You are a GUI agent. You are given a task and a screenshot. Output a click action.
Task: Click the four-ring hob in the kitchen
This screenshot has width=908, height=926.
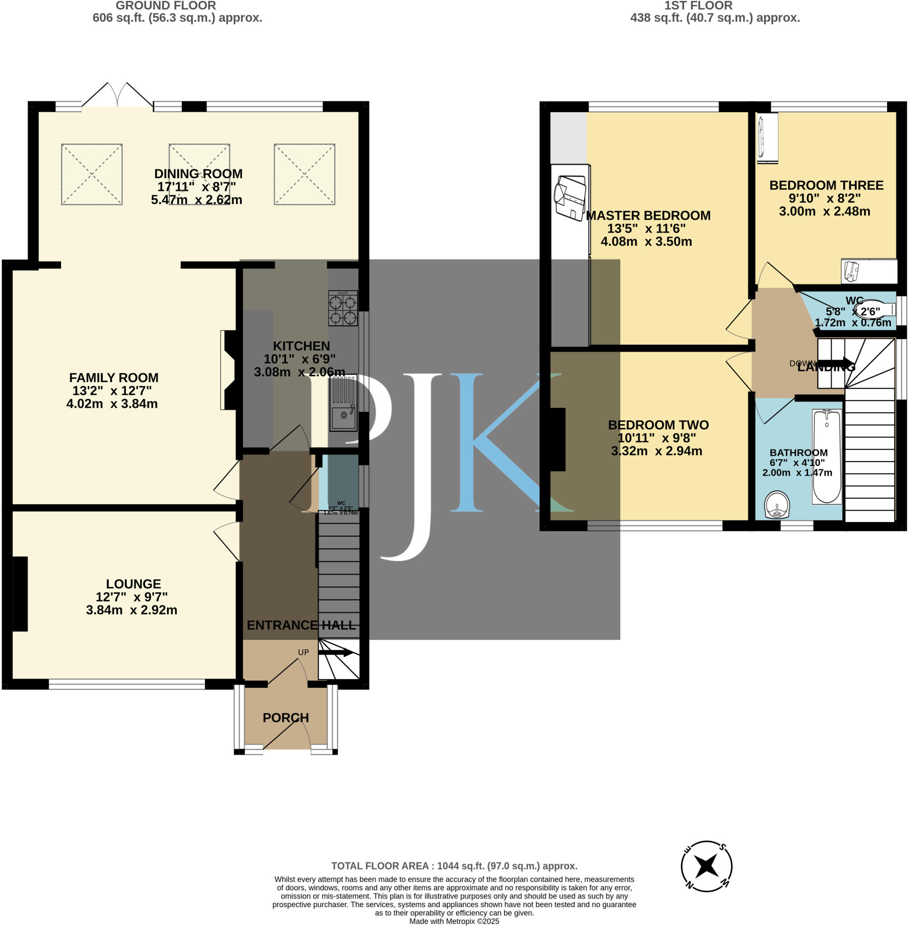click(x=343, y=308)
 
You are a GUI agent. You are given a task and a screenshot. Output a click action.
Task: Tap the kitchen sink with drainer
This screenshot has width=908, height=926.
click(x=344, y=403)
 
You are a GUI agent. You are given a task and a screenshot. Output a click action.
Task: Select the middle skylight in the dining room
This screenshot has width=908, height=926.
click(x=200, y=174)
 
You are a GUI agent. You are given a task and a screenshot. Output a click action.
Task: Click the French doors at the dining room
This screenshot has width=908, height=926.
click(x=117, y=96)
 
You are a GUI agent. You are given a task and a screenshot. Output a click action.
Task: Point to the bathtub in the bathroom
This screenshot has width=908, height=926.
click(x=827, y=457)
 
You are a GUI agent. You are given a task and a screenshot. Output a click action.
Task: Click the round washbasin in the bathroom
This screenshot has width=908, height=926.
click(x=777, y=505)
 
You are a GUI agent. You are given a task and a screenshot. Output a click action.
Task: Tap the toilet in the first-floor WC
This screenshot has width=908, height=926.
click(x=873, y=311)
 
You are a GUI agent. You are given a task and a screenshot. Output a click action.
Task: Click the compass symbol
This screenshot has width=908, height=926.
click(x=706, y=866)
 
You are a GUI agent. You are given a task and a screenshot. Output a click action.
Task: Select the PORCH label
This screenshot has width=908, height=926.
click(x=285, y=718)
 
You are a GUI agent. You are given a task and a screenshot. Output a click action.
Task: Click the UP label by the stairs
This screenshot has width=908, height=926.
click(x=303, y=652)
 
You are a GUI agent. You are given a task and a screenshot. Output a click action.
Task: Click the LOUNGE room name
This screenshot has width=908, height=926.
click(x=133, y=584)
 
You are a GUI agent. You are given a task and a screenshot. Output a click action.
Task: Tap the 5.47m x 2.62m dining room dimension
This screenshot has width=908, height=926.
click(x=196, y=200)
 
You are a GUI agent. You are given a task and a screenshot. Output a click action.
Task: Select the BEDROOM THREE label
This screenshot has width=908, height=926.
click(x=826, y=185)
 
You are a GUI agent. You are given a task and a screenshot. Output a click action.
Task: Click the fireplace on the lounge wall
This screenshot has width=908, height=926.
click(x=20, y=594)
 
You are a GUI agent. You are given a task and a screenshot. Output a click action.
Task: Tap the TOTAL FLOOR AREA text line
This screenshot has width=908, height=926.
click(x=454, y=866)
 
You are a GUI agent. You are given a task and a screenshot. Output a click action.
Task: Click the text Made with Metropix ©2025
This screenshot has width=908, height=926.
click(x=454, y=921)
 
